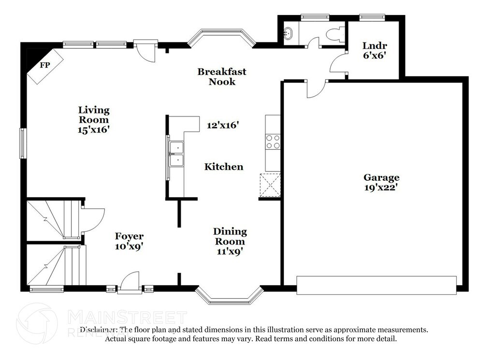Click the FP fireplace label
coord(45,65)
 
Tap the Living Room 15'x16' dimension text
coord(94,130)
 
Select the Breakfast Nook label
coord(222,77)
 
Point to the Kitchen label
coord(224,167)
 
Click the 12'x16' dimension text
coord(222,125)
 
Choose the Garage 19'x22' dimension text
coord(381,187)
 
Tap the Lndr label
coord(375,46)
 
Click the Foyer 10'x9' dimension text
coord(129,246)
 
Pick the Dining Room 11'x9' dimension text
coord(230,251)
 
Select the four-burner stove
coord(273,142)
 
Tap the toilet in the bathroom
coord(335,34)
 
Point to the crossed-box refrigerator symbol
coord(270,185)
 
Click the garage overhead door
coord(377,285)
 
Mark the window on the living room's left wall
coord(22,143)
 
